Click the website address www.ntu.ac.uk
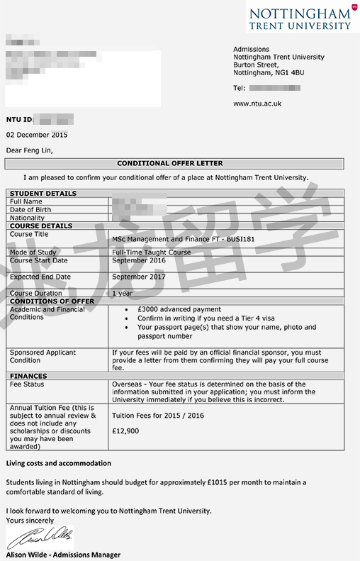257,104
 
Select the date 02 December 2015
37,135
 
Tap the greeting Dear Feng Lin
29,150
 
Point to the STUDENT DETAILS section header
43,194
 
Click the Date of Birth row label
30,210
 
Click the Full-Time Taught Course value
151,252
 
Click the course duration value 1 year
122,293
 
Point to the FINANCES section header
28,377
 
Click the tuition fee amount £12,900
125,431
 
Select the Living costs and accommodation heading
59,464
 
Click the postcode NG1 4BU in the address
289,72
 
